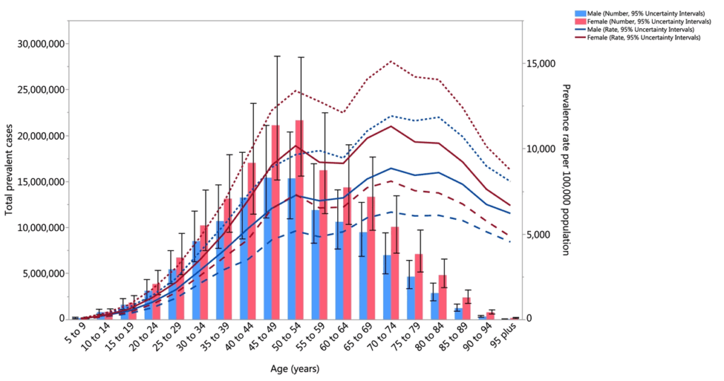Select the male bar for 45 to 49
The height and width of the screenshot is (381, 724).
[268, 254]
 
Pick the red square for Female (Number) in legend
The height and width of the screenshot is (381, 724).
[580, 22]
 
